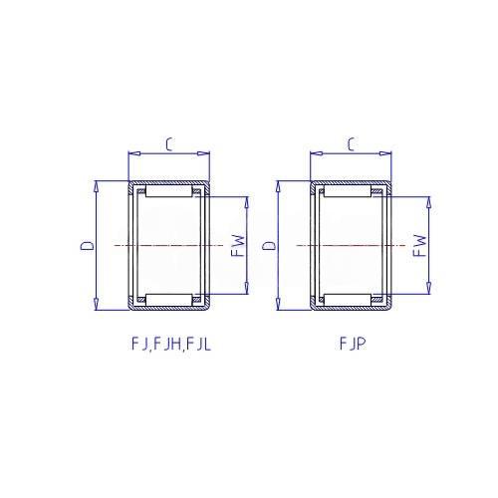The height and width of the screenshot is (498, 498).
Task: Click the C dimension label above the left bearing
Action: [169, 144]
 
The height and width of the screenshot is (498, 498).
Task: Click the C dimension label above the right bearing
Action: [352, 144]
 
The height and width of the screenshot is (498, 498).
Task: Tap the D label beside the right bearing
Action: [269, 246]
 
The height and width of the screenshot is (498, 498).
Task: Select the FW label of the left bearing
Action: [238, 246]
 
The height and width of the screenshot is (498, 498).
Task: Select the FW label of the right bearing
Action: [419, 246]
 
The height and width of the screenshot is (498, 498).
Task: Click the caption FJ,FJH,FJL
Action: [171, 345]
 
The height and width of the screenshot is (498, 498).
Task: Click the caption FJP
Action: [353, 344]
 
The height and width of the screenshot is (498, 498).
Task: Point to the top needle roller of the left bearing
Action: [169, 192]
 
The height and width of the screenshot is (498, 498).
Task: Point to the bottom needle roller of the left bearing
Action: [169, 300]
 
